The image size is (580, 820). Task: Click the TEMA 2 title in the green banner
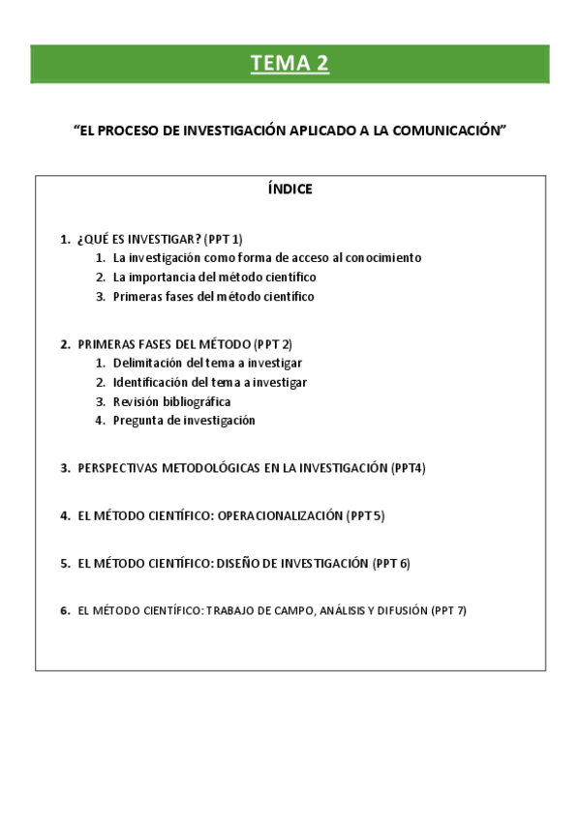point(290,64)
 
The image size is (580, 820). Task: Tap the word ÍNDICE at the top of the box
point(290,190)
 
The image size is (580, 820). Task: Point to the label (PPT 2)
point(272,343)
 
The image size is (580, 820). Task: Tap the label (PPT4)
point(409,468)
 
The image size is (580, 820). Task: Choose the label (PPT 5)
point(365,515)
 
